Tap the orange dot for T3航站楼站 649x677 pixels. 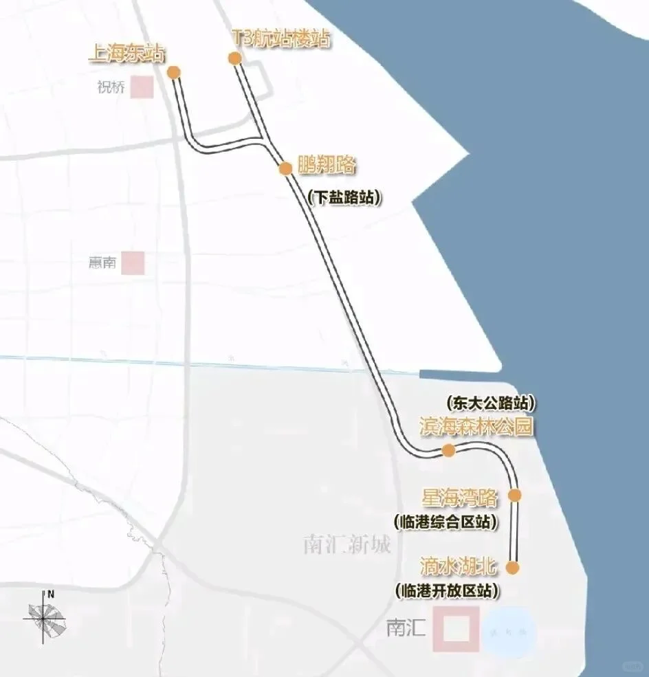pos(235,58)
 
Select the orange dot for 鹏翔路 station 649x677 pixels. pos(285,168)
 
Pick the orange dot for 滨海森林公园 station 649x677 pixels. pos(448,450)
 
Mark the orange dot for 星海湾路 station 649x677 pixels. pos(515,495)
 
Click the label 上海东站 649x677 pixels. pos(127,54)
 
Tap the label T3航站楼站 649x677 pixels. pos(280,39)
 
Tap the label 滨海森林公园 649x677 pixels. pos(476,426)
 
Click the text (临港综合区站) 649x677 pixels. pos(445,522)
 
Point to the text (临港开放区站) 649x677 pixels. pos(447,590)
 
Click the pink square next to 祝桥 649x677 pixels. pos(143,88)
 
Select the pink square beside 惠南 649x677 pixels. pos(133,263)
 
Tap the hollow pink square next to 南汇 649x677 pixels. pos(456,629)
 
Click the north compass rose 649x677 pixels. pos(49,617)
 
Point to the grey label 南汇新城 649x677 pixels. pos(346,546)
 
